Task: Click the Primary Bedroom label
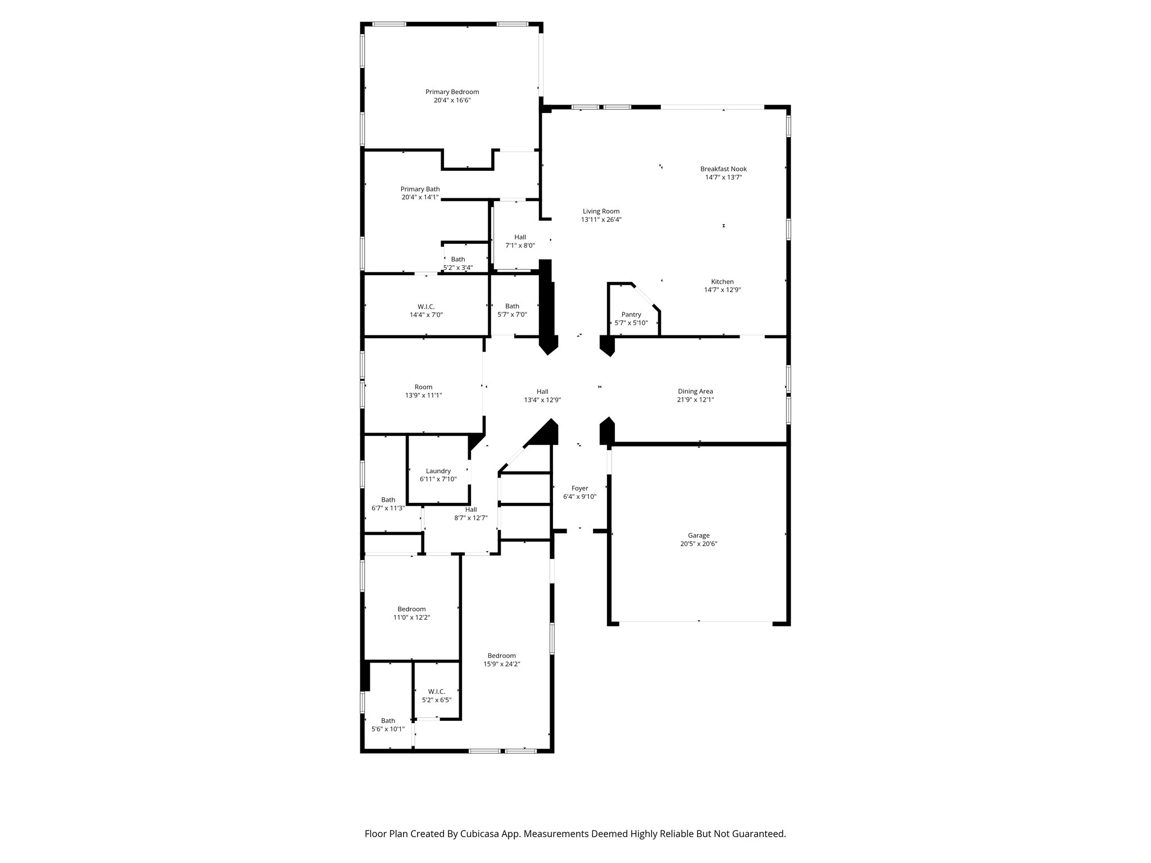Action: point(452,92)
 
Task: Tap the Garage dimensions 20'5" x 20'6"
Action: point(699,544)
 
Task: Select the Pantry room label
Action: point(631,315)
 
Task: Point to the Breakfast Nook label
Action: point(723,169)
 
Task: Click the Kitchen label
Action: point(722,282)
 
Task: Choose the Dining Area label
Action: point(695,392)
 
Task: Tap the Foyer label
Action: point(579,489)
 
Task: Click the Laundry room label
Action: point(438,471)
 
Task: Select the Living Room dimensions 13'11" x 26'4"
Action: point(601,220)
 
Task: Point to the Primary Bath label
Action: point(420,189)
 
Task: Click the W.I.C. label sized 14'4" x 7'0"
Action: point(426,307)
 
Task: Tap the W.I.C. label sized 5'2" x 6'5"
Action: point(436,692)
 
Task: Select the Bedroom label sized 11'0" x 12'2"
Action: point(411,609)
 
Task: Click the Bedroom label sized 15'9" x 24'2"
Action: point(501,656)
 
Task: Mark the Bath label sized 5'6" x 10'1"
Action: point(388,721)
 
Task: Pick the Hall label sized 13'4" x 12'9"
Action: point(542,392)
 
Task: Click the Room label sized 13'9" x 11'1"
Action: point(423,387)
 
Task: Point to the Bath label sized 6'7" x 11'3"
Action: point(388,500)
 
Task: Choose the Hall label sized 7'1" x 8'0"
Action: point(520,238)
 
